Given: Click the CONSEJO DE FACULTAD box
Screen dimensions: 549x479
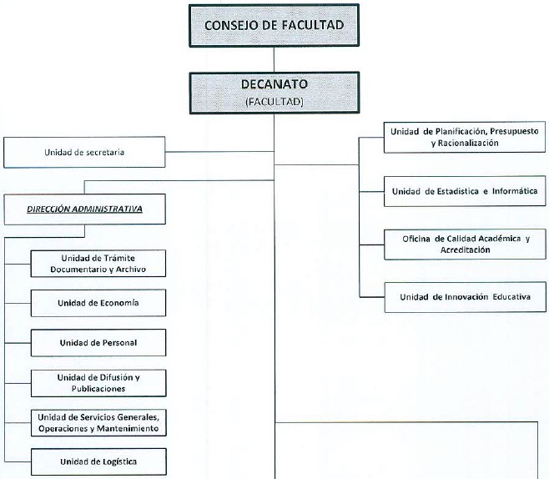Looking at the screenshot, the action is coord(274,25).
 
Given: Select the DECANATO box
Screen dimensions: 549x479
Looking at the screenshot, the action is coord(274,93).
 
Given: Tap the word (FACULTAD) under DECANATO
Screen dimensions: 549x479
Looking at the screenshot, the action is coord(274,102).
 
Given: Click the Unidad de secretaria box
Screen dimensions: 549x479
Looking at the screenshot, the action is coord(84,152).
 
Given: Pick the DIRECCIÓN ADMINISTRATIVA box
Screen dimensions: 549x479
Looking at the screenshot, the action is coord(85,209).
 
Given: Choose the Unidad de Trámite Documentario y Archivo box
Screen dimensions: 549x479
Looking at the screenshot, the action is coord(98,264).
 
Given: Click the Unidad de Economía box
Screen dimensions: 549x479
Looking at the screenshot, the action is coord(98,303).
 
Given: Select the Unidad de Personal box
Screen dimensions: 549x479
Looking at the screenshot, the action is coord(98,343).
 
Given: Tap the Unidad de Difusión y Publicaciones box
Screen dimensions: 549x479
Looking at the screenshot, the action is coord(98,383).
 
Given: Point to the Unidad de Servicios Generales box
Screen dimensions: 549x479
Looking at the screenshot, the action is coord(98,423).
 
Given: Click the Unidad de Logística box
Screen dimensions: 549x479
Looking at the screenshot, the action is coord(98,461).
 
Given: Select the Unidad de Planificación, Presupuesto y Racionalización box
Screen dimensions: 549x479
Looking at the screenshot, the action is coord(465,137).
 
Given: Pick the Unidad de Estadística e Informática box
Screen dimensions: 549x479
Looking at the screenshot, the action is coord(465,191).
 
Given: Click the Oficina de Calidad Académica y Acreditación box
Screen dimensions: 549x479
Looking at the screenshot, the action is coord(465,244).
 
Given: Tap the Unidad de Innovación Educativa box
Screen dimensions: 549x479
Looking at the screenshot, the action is coord(466,297).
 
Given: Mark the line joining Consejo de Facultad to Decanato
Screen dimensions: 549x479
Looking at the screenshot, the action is coord(274,59).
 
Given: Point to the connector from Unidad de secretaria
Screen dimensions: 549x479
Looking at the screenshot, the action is coord(219,152).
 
